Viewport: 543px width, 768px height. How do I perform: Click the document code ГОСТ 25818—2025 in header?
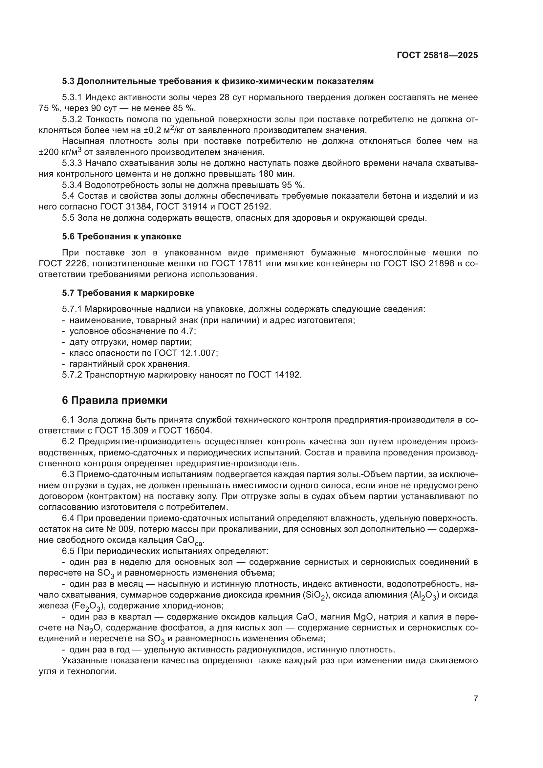coord(437,55)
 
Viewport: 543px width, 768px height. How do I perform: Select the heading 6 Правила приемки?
coord(114,400)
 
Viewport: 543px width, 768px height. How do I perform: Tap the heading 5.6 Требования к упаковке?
coord(122,236)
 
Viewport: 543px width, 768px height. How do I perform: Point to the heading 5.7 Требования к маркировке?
coord(128,293)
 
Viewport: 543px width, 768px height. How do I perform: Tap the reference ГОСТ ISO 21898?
coord(419,264)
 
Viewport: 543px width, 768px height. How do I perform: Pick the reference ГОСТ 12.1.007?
coord(186,353)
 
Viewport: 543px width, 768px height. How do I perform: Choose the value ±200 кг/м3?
coord(60,152)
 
